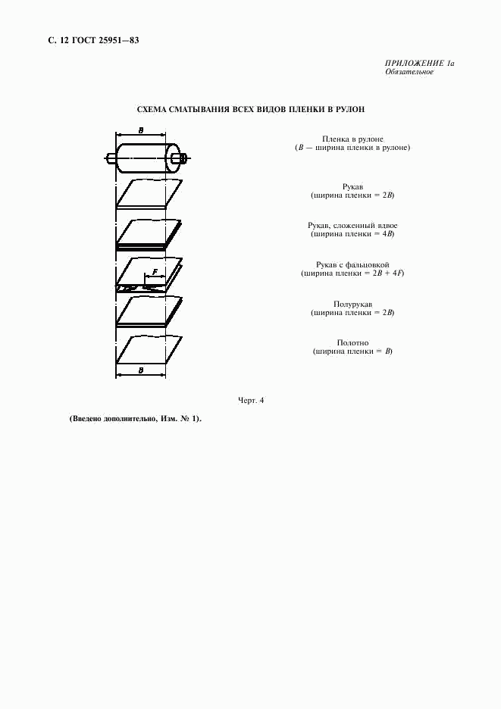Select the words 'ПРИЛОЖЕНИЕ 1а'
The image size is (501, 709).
pos(418,63)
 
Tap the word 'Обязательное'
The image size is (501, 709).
pos(409,72)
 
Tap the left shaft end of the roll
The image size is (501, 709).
pos(111,159)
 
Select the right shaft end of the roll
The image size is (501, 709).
pos(180,159)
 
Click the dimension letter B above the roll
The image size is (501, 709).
pos(141,130)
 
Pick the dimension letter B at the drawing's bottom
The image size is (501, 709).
pos(141,369)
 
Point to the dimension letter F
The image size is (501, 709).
pos(155,271)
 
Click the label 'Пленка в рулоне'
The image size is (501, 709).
pos(352,139)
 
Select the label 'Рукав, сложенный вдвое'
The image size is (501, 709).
pos(352,226)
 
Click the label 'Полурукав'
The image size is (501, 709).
pos(352,304)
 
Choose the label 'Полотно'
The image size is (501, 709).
pos(352,343)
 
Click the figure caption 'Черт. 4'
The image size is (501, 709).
pos(251,400)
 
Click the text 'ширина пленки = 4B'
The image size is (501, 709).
pos(352,234)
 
